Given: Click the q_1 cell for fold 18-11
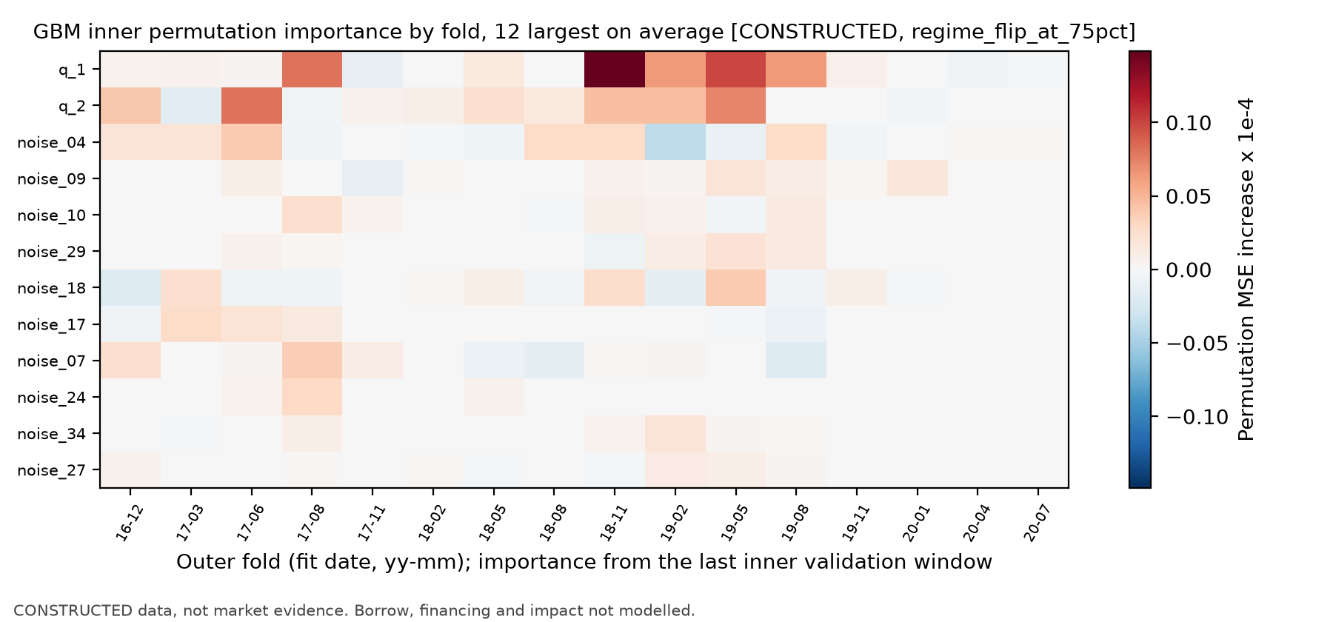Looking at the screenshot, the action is (614, 70).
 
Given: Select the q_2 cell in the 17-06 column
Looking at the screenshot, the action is (252, 106).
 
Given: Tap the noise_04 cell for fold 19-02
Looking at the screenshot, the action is (675, 142).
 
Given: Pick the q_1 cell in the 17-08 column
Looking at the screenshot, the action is (312, 70).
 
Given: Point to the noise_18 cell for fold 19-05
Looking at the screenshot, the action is (735, 288).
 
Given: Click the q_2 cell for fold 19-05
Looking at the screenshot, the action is (735, 106).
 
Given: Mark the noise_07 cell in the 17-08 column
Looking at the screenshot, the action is (312, 361).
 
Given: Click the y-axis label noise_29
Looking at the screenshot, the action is (51, 252).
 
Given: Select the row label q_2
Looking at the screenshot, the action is (72, 107).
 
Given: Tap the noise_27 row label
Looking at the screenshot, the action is (51, 470).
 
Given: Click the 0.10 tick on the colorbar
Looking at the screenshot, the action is (1189, 123).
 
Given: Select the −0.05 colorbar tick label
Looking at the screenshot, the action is (1197, 344).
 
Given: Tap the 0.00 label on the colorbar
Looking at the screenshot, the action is (1189, 270).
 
